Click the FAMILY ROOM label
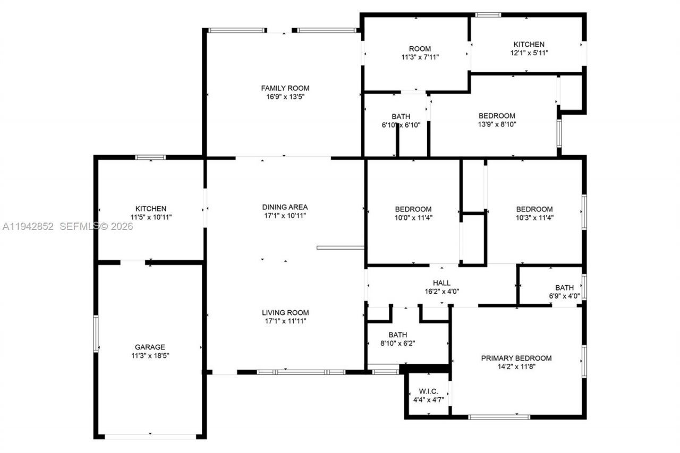pos(285,88)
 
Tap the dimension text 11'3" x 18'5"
pos(149,356)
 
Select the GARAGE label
pos(149,347)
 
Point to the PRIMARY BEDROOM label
pos(516,358)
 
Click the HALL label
pos(441,283)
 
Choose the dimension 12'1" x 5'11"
pos(529,53)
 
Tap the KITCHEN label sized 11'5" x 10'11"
pos(151,209)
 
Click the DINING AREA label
pos(285,207)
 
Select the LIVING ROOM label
pos(285,312)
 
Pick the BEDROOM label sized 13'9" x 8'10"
pos(497,116)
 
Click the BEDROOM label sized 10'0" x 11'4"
pos(413,209)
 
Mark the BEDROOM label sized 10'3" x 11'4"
pos(534,209)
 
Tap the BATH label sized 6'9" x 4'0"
pos(564,288)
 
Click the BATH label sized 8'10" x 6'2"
pos(397,335)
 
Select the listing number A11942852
pos(28,226)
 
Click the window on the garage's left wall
pos(96,334)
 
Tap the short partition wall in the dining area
pos(340,247)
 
